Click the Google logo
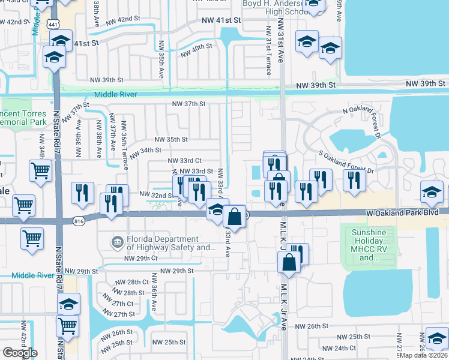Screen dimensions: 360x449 20,353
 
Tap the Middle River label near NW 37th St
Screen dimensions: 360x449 115,95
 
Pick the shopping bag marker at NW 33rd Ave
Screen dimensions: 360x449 235,215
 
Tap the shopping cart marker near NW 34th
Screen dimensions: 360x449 40,170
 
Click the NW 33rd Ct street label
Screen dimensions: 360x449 184,161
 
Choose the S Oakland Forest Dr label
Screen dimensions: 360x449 348,163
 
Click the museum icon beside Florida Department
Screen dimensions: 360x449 117,242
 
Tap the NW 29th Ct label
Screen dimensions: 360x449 140,258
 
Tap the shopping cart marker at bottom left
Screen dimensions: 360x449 68,326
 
